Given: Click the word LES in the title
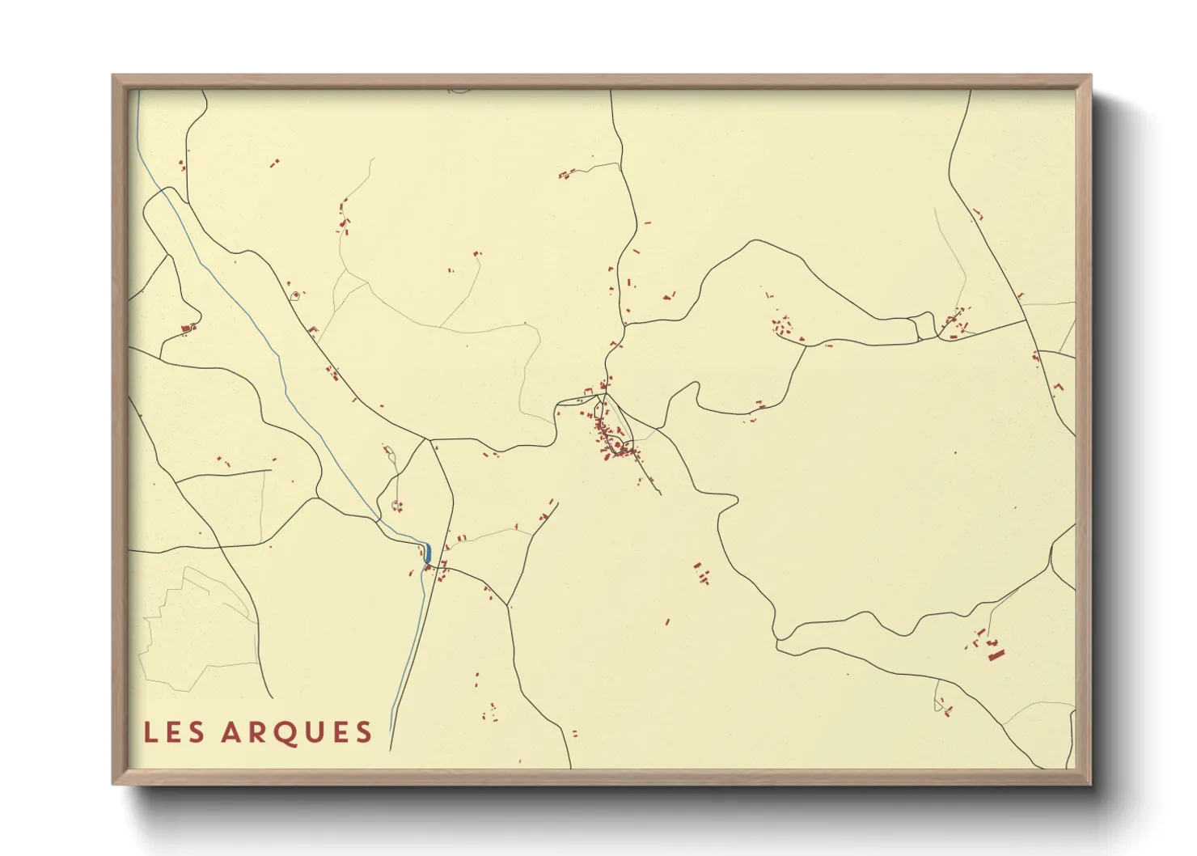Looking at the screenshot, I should tap(174, 732).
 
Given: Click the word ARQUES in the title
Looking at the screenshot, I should tap(296, 732).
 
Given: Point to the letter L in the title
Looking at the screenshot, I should tap(150, 732).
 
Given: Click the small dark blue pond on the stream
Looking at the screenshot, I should tap(427, 553).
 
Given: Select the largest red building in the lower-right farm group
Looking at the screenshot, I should tap(996, 654).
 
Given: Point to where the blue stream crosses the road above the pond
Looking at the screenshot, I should tap(379, 518).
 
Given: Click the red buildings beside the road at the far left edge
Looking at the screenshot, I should tap(189, 328).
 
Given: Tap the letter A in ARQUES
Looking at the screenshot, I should tap(233, 732).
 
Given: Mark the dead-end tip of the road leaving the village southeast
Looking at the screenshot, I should tap(661, 494).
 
